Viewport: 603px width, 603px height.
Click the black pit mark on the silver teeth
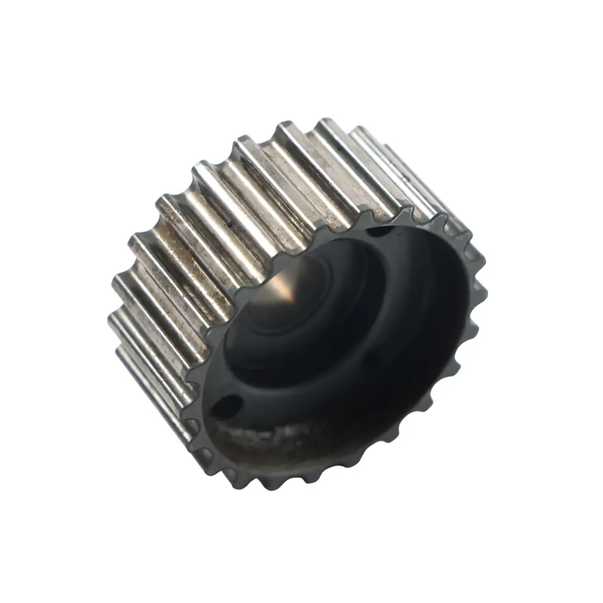(x=228, y=225)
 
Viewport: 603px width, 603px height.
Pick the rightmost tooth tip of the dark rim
(x=486, y=290)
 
